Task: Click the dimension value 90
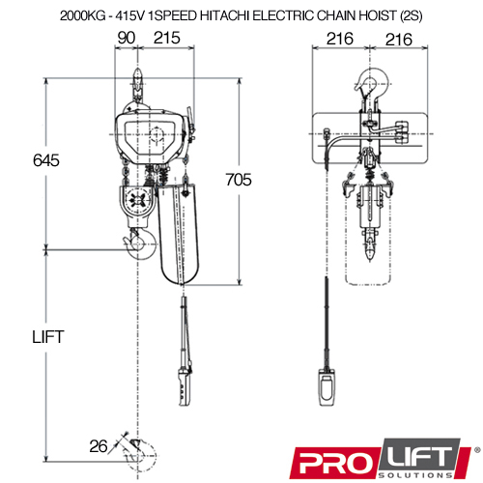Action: tap(127, 38)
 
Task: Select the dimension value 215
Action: tap(167, 38)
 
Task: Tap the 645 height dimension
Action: tap(46, 160)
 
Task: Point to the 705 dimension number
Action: tap(239, 180)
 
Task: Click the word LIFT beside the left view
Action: tap(48, 337)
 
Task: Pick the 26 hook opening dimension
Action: tap(99, 446)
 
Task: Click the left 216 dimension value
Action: tap(340, 39)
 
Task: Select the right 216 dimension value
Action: tap(399, 40)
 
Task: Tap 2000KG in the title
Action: tap(83, 15)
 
